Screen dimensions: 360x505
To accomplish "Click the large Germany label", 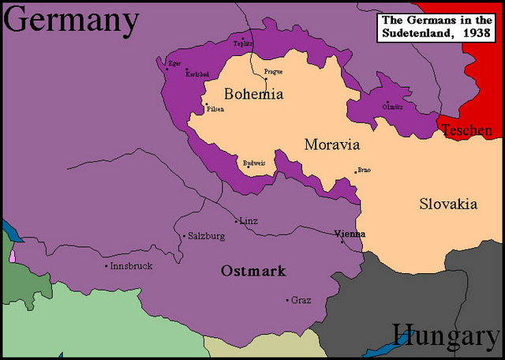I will [71, 21].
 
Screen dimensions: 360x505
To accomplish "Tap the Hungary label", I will [446, 336].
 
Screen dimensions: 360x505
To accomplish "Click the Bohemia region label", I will [253, 94].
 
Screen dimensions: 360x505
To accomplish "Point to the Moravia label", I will [331, 145].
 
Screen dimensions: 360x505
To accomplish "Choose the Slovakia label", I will [447, 204].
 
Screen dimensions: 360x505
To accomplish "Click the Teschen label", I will [466, 130].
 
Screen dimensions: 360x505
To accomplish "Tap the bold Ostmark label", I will [253, 271].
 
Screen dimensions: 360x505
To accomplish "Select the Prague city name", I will [273, 72].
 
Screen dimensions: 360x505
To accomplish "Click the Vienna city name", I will [350, 234].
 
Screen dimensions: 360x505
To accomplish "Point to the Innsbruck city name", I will [131, 266].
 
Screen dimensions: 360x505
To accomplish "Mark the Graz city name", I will [301, 301].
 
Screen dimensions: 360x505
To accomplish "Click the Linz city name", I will [249, 221].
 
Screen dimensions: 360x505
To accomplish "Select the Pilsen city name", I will [215, 109].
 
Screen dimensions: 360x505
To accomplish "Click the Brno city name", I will [364, 170].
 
